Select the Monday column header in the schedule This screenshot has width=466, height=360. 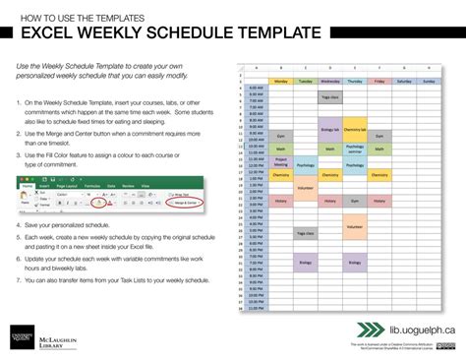coord(279,81)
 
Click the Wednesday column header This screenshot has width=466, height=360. coord(329,81)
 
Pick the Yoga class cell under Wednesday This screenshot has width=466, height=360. coord(329,97)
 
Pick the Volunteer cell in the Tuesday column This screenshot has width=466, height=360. coord(305,187)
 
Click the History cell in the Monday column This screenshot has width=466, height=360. coord(279,201)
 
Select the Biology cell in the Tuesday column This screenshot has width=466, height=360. coord(305,263)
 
